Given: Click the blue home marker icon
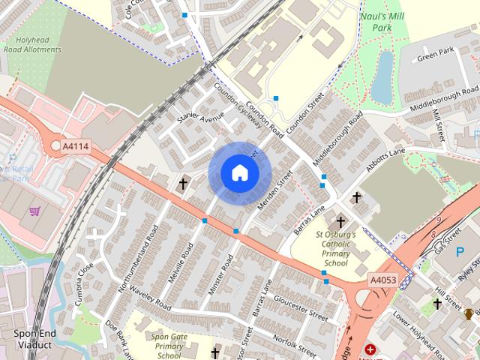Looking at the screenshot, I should click(239, 172).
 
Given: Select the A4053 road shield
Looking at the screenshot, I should click(382, 279).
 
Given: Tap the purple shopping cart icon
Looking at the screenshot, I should click(34, 211).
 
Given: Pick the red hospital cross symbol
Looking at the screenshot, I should click(369, 349).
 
